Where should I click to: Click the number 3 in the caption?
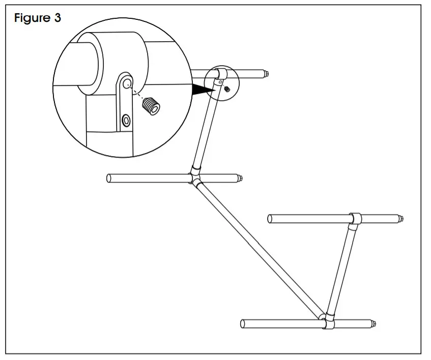coord(58,18)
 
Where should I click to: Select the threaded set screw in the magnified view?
coord(151,107)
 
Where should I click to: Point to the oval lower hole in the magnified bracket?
coord(125,120)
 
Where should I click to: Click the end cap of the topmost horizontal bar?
coord(266,74)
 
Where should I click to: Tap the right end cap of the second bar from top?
coord(239,178)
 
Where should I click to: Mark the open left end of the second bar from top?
coord(110,178)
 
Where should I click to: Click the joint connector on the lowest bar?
coord(326,322)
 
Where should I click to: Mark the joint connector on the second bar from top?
coord(195,177)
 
